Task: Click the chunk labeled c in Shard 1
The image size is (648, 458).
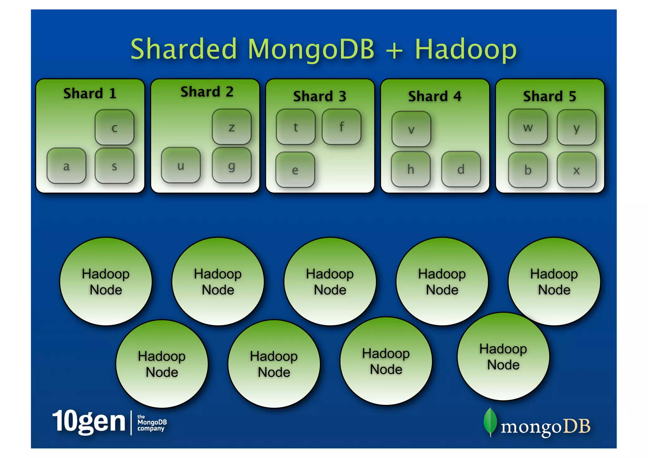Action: coord(114,128)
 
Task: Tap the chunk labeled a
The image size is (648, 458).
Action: coord(66,166)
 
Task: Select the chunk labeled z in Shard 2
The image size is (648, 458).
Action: coord(232,127)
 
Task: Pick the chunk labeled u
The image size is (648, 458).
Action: coord(181,165)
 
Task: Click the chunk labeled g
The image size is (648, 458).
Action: coord(232,165)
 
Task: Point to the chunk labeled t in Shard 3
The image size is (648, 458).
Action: coord(296,127)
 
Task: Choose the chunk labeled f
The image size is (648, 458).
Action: coord(341,127)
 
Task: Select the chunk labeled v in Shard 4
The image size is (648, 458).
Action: coord(411,129)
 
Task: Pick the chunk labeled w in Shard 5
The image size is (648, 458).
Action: coord(528,127)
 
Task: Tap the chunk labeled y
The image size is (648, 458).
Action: coord(576,128)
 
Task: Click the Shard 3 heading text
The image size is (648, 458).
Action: coord(320,96)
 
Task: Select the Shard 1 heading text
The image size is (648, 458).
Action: coord(90,93)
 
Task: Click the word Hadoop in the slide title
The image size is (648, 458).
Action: coord(465,49)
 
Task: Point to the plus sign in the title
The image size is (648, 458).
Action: coord(394,50)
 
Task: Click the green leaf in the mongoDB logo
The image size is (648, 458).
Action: coord(490,422)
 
